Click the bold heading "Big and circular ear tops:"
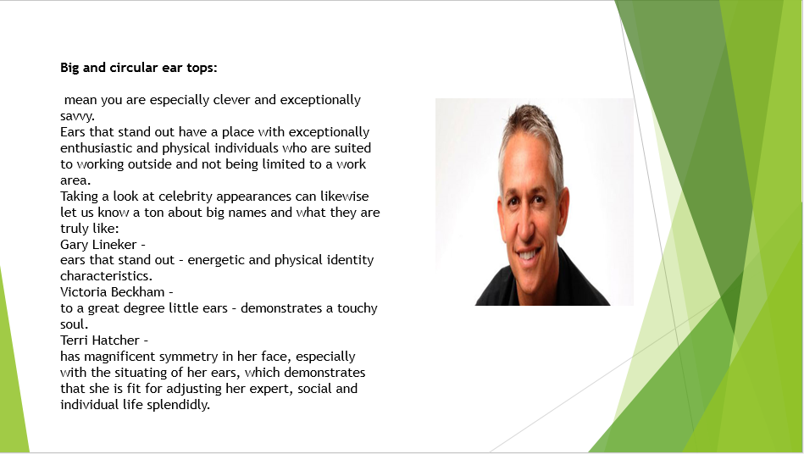[x=138, y=68]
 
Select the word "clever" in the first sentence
[x=232, y=99]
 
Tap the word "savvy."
[x=77, y=116]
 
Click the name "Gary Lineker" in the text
[x=98, y=245]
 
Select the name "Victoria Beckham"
[x=113, y=292]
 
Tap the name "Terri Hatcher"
[x=100, y=340]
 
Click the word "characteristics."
[x=106, y=276]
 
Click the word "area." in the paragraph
[x=75, y=180]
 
